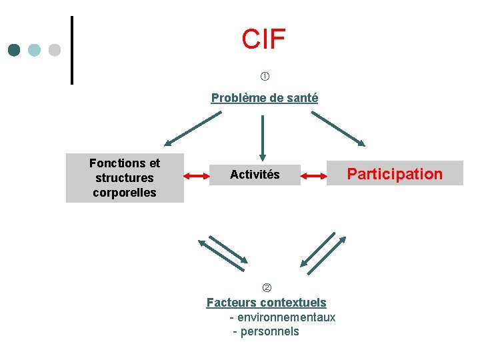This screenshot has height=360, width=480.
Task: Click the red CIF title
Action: click(x=263, y=40)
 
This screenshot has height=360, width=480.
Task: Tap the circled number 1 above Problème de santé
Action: click(x=265, y=77)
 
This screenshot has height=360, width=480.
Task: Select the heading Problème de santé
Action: click(x=265, y=98)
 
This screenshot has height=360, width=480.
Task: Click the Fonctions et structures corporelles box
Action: click(x=125, y=178)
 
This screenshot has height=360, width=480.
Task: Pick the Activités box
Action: click(x=255, y=175)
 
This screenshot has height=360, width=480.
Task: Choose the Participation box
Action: click(x=395, y=174)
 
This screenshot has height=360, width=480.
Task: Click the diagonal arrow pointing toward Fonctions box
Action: click(x=193, y=129)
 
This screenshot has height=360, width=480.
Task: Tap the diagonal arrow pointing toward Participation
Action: click(x=338, y=129)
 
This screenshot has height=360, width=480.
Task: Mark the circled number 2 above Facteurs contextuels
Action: click(x=267, y=288)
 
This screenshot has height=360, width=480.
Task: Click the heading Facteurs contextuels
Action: click(x=267, y=303)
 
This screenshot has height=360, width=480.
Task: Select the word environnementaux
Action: click(x=286, y=317)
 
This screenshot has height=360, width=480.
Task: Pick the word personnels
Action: click(x=269, y=331)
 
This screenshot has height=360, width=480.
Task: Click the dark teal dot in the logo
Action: click(x=14, y=50)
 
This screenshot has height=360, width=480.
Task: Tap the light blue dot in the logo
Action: click(x=35, y=50)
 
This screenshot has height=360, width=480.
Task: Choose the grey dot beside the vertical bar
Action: click(x=55, y=50)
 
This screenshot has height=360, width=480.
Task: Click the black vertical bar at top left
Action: click(x=71, y=50)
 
